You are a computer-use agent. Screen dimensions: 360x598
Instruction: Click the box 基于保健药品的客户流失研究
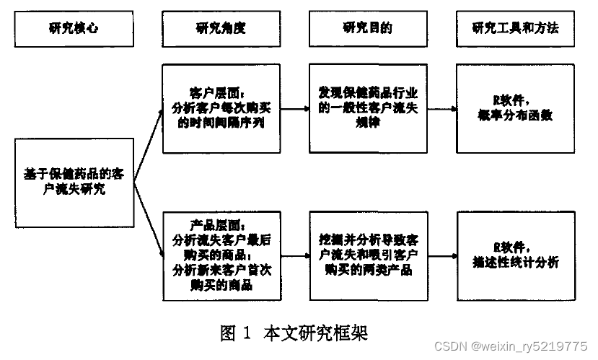tap(73, 182)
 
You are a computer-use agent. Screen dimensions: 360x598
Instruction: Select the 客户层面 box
tap(221, 108)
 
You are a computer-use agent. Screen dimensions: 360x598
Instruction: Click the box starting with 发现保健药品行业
tap(368, 108)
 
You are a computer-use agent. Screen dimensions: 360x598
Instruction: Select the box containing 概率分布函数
tap(515, 108)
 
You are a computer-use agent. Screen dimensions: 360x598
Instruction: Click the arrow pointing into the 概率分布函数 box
tap(441, 110)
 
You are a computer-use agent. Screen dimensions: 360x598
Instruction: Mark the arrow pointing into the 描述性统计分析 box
tap(441, 255)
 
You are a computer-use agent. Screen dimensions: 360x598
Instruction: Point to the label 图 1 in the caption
tap(236, 334)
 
